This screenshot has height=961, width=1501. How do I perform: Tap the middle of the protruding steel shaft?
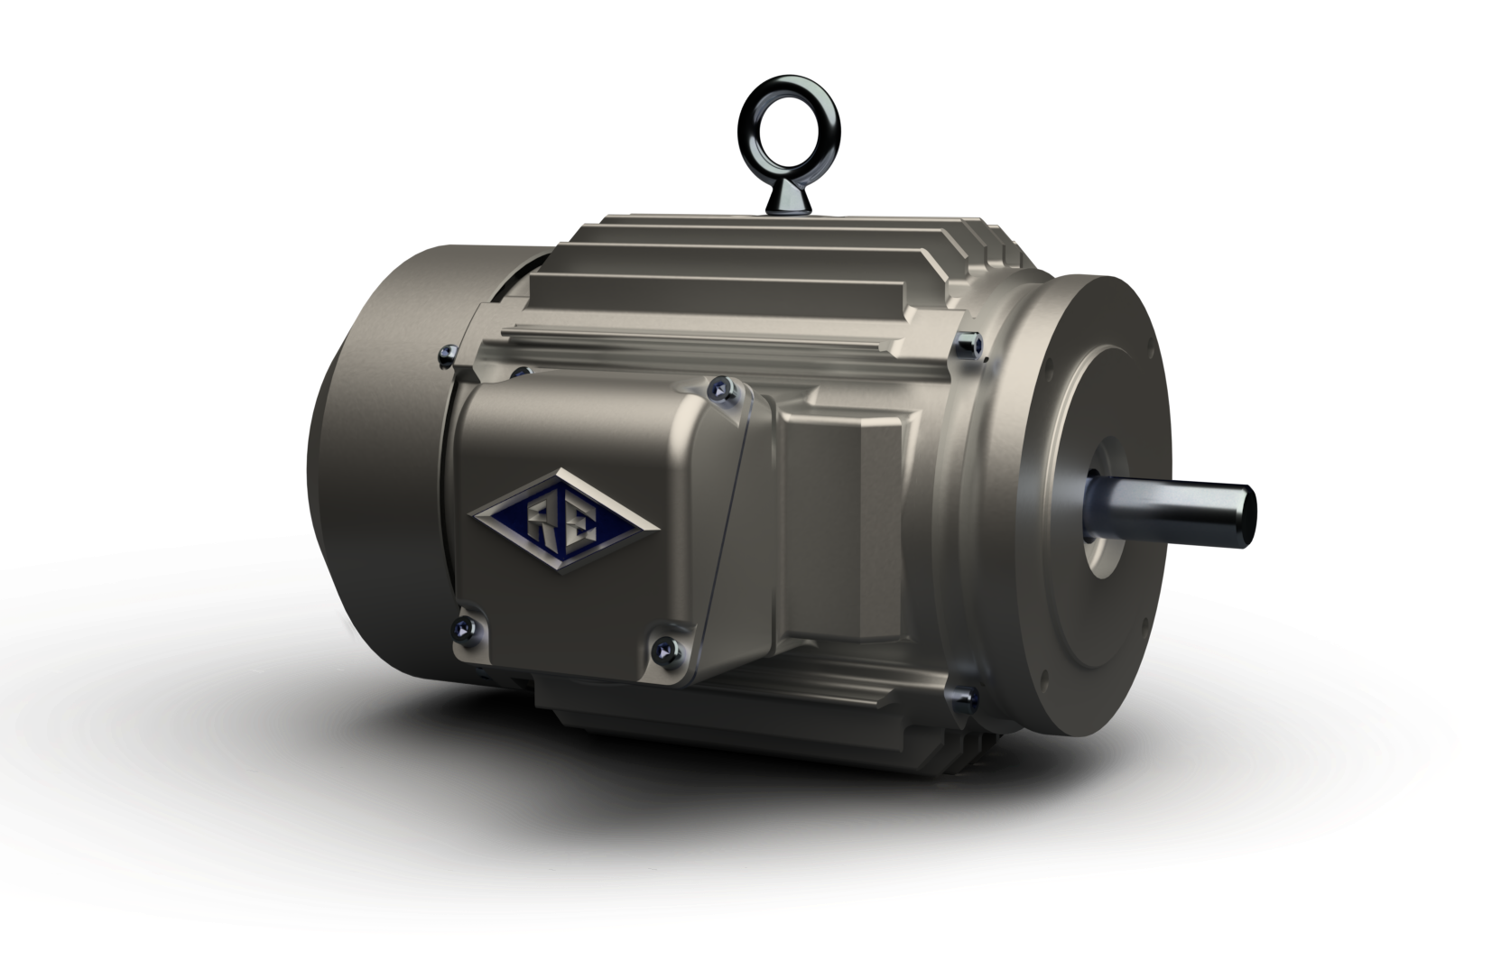pos(1173,512)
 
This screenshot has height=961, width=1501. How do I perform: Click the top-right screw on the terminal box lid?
pos(719,390)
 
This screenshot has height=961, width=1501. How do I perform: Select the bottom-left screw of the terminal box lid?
pos(467,626)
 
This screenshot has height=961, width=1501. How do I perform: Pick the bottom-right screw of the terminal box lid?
pos(665,646)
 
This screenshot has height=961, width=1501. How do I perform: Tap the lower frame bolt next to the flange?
pos(960,696)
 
